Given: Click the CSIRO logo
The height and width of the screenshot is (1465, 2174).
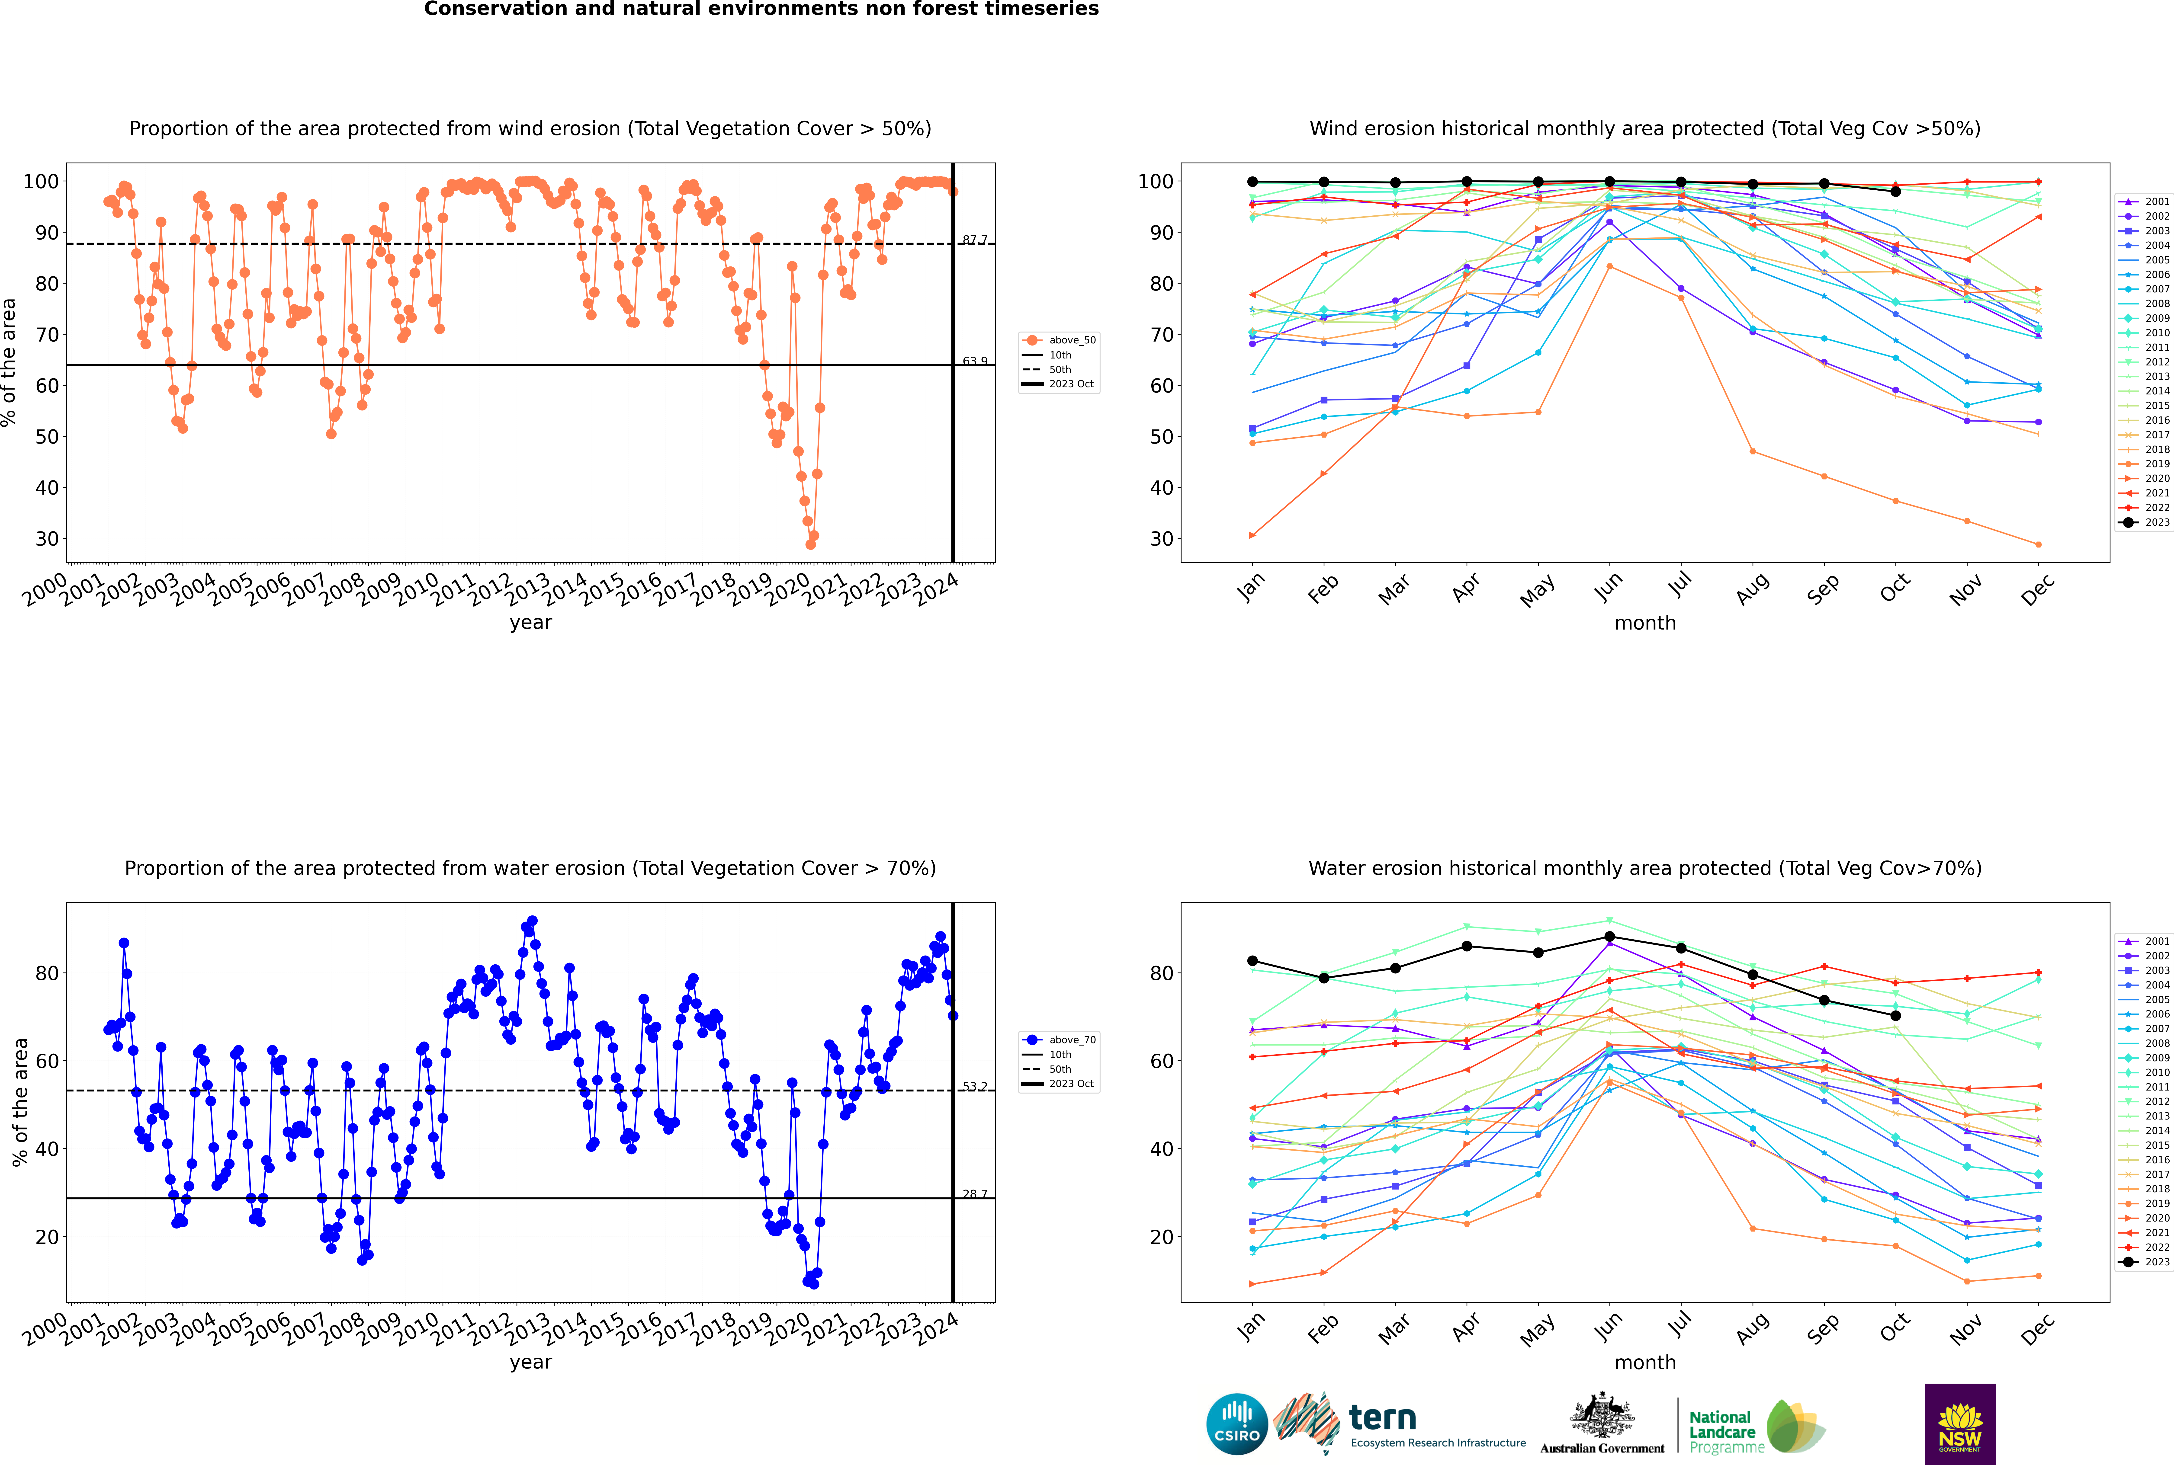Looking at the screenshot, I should point(1236,1424).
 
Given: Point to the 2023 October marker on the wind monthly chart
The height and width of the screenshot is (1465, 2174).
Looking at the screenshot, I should point(1895,192).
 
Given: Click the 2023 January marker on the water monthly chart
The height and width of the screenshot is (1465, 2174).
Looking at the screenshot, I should point(1252,961).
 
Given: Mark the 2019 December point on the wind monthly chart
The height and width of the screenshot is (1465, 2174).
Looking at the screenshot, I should point(2039,545).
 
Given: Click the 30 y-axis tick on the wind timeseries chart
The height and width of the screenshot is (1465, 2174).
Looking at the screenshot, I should point(47,539).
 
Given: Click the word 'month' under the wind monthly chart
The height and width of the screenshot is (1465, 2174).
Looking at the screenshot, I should point(1645,623).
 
